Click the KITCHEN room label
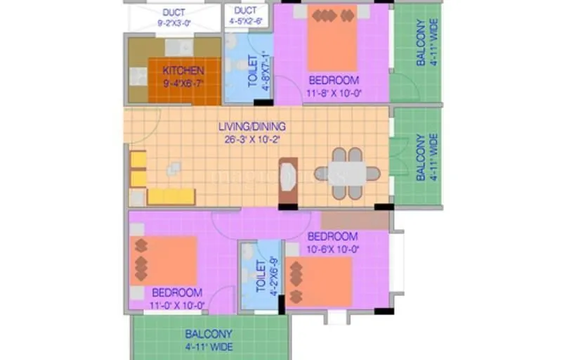tap(183, 70)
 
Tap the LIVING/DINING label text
tap(251, 127)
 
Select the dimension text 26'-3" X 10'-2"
tap(251, 139)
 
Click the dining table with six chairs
tap(347, 173)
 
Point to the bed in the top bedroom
tap(332, 39)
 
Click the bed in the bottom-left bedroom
tap(163, 261)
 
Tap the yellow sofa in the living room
tap(171, 196)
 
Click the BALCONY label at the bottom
tap(209, 340)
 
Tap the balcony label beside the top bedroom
tap(421, 42)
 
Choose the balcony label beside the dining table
tap(421, 157)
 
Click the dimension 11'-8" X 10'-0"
tap(332, 93)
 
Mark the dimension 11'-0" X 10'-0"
tap(177, 305)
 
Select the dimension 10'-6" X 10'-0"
tap(333, 248)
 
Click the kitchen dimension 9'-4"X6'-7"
tap(183, 82)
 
